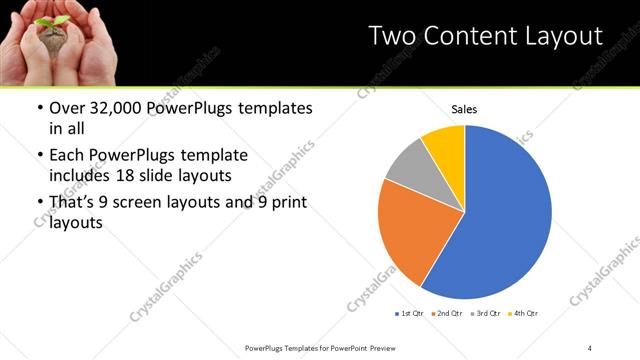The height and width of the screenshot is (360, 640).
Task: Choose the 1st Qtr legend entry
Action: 409,314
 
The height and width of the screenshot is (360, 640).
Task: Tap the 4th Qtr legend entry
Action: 524,314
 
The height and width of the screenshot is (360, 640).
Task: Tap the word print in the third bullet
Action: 287,203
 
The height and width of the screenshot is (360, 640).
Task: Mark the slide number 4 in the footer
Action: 590,347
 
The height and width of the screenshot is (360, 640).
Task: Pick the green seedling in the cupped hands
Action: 48,24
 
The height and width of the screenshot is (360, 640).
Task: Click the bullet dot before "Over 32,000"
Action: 39,107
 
